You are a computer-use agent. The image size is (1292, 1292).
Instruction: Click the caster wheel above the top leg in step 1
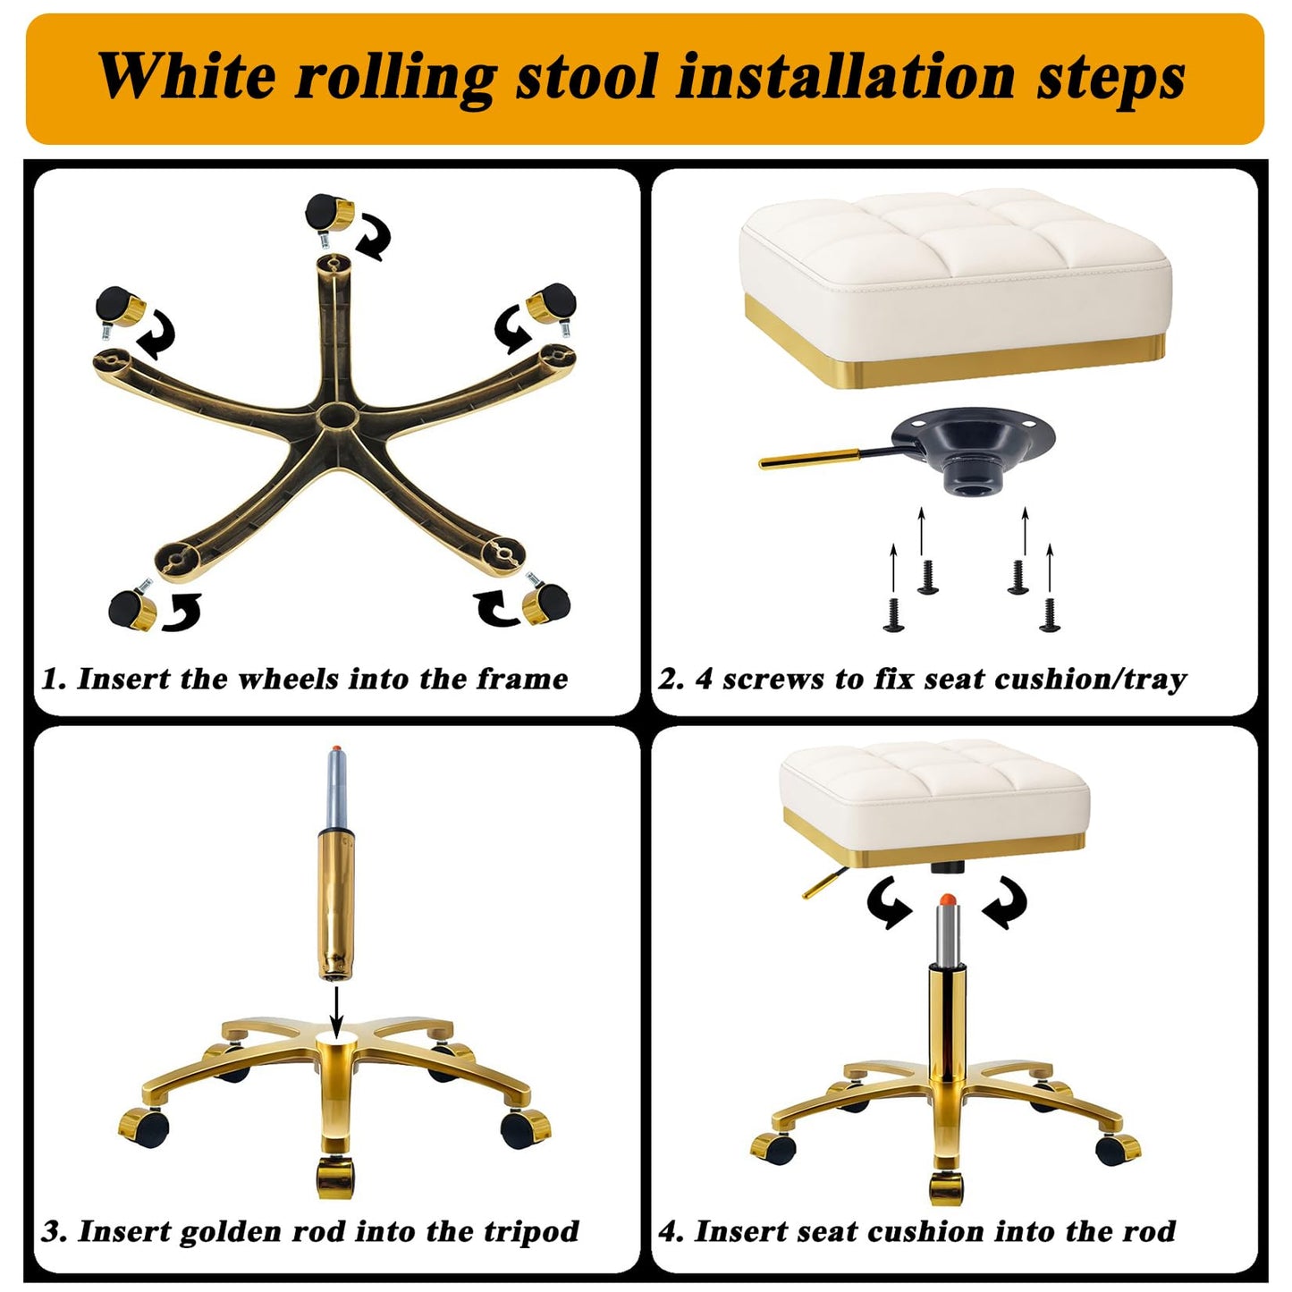point(329,215)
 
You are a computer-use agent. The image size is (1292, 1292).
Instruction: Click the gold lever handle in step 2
point(811,459)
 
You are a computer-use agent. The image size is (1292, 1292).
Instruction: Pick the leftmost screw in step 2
point(893,614)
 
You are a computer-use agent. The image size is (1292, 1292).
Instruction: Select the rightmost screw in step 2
point(1050,614)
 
